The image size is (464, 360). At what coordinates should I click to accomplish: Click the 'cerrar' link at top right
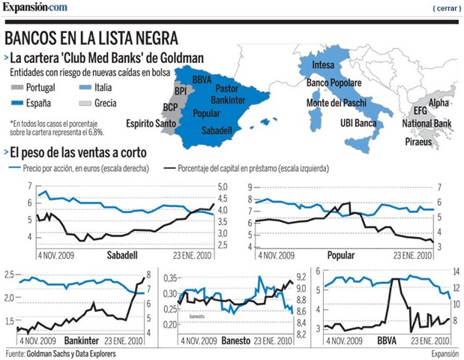point(447,8)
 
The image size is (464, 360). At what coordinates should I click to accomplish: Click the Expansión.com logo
point(35,7)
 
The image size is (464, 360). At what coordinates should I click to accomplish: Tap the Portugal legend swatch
point(17,87)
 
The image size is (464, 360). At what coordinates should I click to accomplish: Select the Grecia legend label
point(106,103)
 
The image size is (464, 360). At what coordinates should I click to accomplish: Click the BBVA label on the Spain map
point(202,79)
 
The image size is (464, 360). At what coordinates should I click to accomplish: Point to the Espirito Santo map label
point(151,124)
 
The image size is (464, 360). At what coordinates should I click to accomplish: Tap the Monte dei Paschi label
point(336,103)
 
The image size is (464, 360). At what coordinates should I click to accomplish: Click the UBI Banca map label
point(358,123)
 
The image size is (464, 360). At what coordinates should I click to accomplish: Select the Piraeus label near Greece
point(418,142)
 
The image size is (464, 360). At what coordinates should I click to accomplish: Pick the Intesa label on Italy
point(323,64)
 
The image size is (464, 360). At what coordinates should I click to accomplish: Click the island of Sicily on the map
point(358,145)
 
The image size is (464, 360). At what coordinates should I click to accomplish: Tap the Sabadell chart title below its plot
point(122,255)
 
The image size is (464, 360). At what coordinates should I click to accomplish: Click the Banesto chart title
point(236,340)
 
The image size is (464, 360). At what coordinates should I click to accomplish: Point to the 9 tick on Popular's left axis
point(250,187)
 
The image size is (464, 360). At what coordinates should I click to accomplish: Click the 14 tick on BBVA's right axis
point(456,271)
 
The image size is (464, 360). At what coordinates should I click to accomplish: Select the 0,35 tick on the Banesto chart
point(170,278)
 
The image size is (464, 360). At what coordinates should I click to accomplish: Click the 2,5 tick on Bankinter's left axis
point(9,274)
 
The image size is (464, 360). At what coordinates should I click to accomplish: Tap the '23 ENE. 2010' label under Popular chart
point(413,255)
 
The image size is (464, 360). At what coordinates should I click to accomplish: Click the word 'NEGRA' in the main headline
point(157,37)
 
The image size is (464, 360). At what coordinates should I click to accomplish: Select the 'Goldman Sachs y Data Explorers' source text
point(71,353)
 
